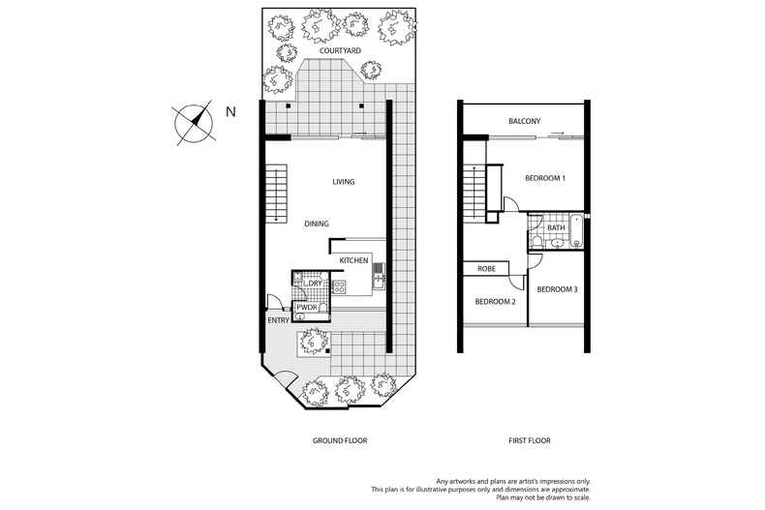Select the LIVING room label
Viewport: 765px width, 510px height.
point(343,182)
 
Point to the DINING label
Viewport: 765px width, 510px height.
point(317,224)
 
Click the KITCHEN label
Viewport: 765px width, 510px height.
point(353,261)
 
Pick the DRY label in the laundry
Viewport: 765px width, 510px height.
point(315,283)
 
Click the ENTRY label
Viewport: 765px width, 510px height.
point(278,319)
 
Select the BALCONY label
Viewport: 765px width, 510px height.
point(524,121)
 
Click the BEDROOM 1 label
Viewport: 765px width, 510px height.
point(545,178)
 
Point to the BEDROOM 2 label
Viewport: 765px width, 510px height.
point(495,302)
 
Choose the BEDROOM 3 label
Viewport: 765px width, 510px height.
point(557,289)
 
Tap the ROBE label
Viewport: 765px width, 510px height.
point(486,269)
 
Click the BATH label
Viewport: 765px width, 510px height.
point(556,228)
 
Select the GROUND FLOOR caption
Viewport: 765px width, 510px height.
point(339,440)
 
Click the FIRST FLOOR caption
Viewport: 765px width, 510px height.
point(530,440)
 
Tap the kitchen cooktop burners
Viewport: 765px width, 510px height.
point(340,286)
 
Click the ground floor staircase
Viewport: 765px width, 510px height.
point(277,194)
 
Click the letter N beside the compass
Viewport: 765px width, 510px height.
point(230,112)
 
